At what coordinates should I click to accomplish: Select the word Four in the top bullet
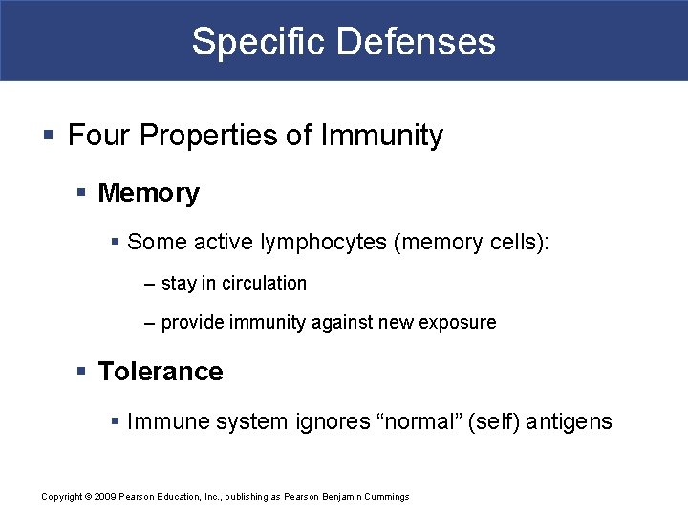(x=99, y=136)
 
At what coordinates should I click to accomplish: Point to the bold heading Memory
(x=149, y=193)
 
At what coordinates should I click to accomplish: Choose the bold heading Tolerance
(x=161, y=372)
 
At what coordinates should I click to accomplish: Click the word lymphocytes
(x=322, y=243)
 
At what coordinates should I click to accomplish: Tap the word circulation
(x=263, y=284)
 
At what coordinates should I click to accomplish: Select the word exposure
(x=458, y=323)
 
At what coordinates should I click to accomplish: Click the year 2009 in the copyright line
(x=103, y=497)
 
